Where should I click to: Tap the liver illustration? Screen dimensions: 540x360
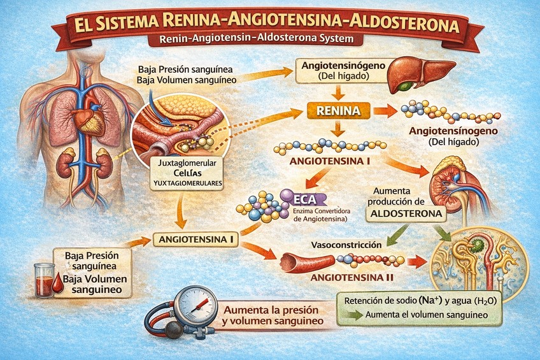tap(421, 71)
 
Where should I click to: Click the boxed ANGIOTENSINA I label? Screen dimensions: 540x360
tap(195, 240)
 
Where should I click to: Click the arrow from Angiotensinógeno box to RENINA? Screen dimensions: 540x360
tap(334, 92)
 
